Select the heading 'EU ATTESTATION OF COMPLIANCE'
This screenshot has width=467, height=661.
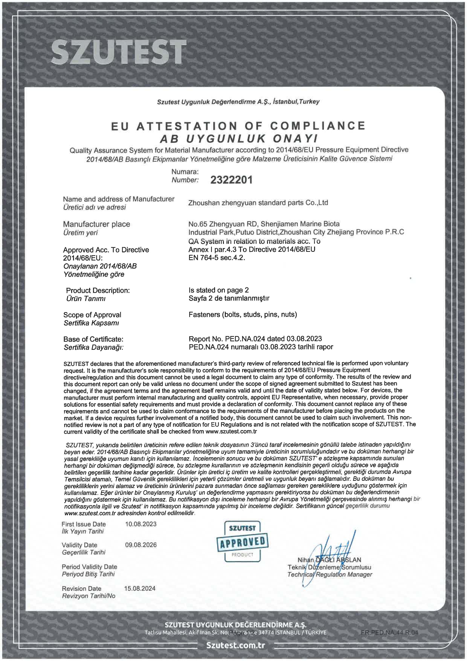click(238, 126)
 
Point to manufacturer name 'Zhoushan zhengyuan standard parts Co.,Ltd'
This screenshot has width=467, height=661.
click(258, 203)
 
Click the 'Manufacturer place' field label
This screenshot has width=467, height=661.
click(97, 224)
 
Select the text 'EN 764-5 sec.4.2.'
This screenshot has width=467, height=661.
click(217, 257)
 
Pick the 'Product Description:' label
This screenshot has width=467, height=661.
click(98, 290)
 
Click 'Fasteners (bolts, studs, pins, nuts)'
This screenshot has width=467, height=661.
click(243, 314)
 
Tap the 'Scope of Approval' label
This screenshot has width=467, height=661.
click(92, 315)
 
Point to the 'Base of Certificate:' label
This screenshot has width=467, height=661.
click(93, 339)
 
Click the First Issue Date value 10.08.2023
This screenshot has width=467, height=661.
click(141, 524)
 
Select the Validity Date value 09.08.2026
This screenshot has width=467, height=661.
click(141, 545)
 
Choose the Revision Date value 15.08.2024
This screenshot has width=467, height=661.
click(140, 588)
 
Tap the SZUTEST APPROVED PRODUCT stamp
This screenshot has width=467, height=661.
click(242, 541)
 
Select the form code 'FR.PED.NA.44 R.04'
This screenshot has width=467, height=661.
click(389, 633)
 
